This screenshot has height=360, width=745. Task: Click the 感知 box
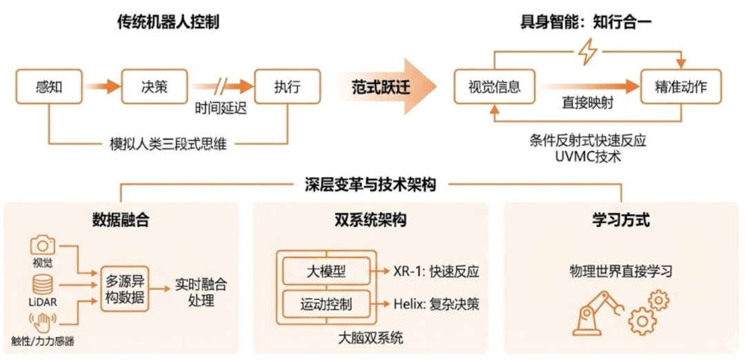coord(49,88)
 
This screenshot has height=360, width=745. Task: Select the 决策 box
coord(155,88)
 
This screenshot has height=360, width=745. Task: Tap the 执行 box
coord(288,88)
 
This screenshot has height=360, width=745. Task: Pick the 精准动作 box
coord(681,88)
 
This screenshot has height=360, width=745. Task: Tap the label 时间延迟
coord(221,108)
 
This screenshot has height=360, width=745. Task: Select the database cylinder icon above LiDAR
coord(43,284)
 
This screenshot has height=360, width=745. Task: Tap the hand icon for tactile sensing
coord(42,321)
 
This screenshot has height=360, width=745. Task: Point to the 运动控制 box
coord(326,304)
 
